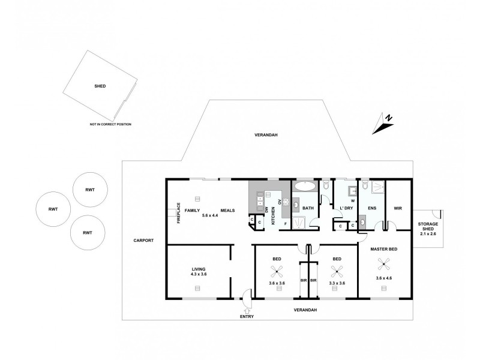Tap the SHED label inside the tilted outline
[x=100, y=86]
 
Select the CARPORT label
[x=143, y=240]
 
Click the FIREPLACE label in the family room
[x=178, y=213]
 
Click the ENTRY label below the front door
[x=247, y=316]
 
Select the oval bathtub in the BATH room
[x=304, y=187]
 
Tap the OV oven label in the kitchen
[x=280, y=202]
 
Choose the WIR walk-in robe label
[x=397, y=209]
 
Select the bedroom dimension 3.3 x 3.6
[x=337, y=283]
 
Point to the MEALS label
[x=227, y=211]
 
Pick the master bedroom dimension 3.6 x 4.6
[x=384, y=278]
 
